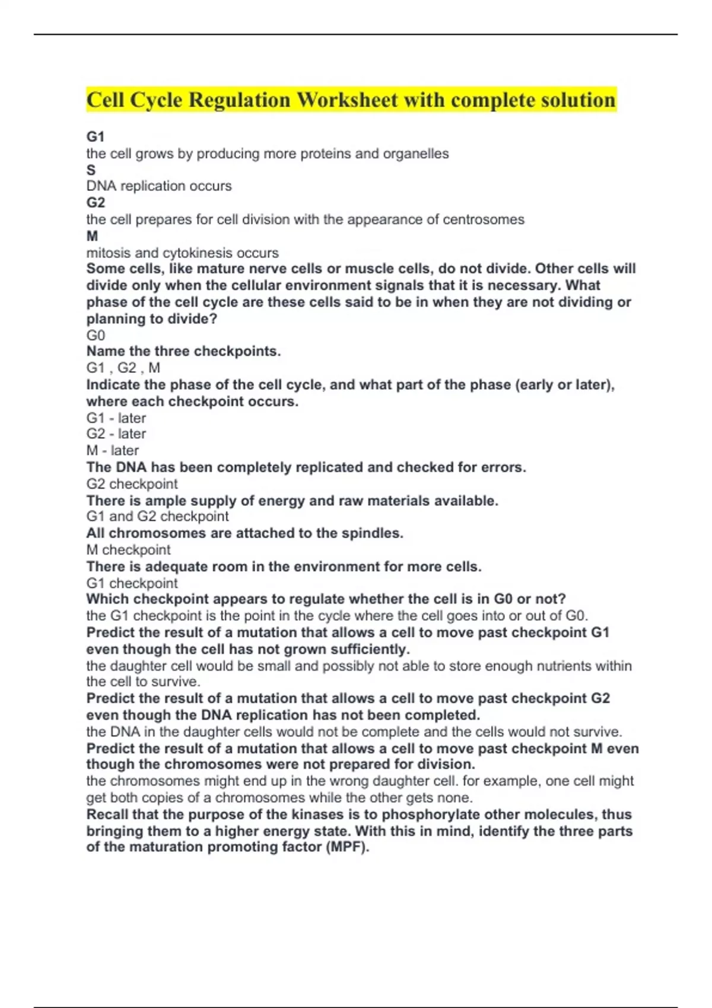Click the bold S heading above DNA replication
[x=91, y=170]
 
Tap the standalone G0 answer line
[x=96, y=335]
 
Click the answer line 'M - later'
[x=113, y=451]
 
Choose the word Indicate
[x=113, y=385]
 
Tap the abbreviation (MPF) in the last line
[x=347, y=847]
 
